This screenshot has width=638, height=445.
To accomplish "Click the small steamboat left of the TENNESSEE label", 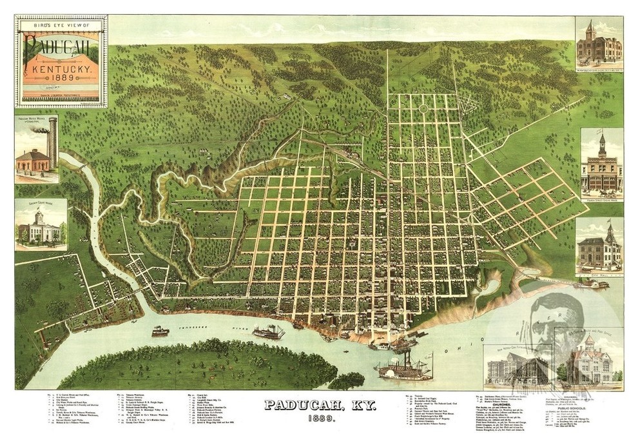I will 160,331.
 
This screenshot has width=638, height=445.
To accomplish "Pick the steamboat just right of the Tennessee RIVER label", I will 269,332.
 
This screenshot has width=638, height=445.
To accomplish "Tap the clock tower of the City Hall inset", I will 609,233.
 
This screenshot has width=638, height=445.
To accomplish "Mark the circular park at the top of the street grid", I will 423,108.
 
